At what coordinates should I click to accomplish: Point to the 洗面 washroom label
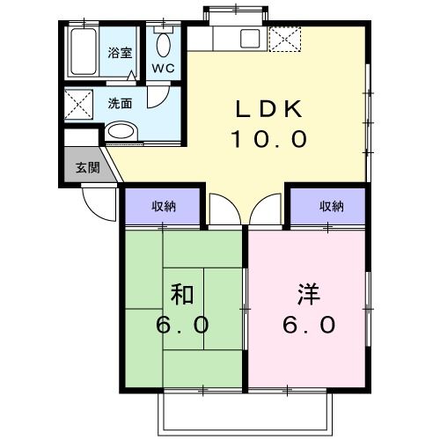[x=120, y=103]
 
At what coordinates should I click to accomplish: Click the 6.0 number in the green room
[x=182, y=325]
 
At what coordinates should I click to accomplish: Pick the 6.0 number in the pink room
[x=308, y=325]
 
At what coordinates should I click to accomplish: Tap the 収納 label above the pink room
[x=331, y=207]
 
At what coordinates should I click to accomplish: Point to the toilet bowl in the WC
[x=164, y=44]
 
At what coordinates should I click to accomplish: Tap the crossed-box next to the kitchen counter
[x=284, y=39]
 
